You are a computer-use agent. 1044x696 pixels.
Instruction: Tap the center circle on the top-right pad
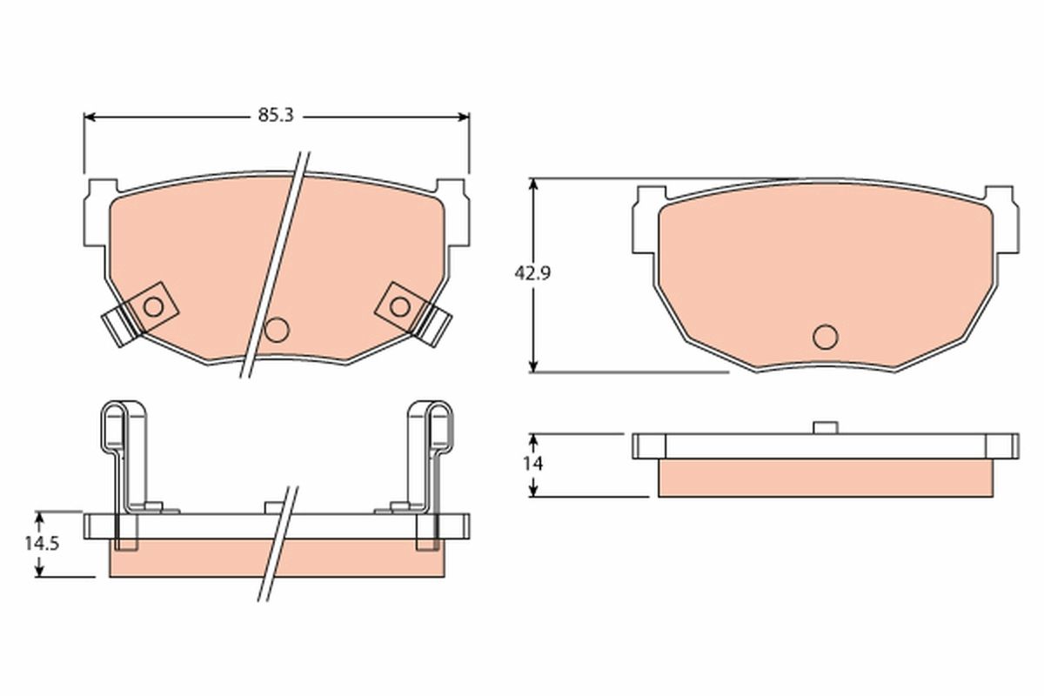click(824, 335)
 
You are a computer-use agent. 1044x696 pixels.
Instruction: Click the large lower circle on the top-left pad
click(277, 330)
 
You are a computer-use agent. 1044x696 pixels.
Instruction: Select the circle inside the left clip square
click(152, 306)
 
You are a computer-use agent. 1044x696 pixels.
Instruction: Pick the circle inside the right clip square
click(399, 306)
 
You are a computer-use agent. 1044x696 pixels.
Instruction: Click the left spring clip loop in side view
click(116, 426)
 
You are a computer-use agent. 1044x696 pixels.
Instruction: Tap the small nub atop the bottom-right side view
click(824, 427)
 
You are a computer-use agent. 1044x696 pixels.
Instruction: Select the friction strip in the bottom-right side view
click(825, 478)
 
